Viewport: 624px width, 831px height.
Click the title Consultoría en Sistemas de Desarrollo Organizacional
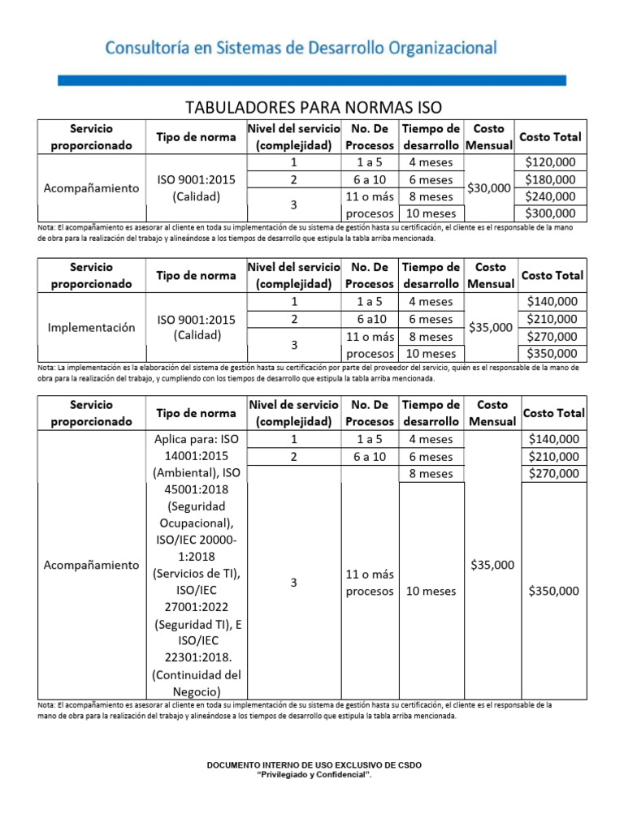coord(301,48)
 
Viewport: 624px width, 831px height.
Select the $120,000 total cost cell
coord(550,162)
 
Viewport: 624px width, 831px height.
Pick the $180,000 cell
coord(550,179)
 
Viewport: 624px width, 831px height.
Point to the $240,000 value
coord(550,196)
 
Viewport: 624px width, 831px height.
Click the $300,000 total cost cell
coord(550,213)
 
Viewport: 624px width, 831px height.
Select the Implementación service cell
coord(91,328)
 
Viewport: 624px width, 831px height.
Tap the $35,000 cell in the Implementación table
coord(491,328)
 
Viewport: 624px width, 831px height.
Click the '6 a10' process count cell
coord(370,319)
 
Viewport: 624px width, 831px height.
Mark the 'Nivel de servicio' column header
coord(293,413)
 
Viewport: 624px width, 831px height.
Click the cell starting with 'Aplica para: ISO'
coord(197,439)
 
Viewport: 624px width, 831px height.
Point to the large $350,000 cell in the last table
coord(553,591)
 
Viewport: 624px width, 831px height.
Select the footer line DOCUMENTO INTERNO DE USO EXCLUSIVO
coord(314,765)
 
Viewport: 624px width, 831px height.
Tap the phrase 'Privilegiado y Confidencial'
coord(314,775)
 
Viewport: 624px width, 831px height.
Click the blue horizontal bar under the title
coord(311,80)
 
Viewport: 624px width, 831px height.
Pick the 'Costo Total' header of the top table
coord(550,136)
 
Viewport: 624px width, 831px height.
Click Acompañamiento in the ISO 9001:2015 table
coord(91,187)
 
